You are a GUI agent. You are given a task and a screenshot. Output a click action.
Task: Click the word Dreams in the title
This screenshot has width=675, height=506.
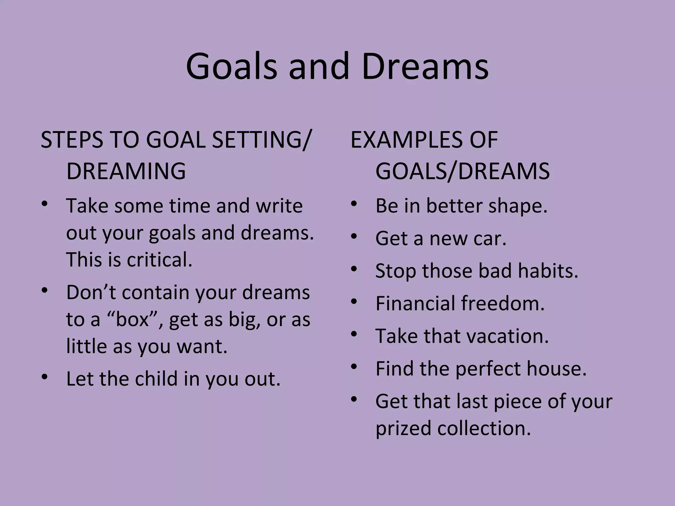point(425,67)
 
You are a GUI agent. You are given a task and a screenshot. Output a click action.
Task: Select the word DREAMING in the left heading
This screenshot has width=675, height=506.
point(126,171)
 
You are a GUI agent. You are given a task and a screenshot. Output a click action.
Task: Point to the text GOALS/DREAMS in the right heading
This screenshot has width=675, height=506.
point(462,171)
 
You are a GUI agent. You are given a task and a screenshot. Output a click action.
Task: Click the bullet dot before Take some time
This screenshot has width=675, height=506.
point(45,203)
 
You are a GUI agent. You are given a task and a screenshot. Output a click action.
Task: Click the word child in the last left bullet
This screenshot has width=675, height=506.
point(156,379)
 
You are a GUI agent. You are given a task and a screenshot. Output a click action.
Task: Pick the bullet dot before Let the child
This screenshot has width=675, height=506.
point(45,376)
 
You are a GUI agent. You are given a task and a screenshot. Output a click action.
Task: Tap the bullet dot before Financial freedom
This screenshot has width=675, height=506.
point(354,301)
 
